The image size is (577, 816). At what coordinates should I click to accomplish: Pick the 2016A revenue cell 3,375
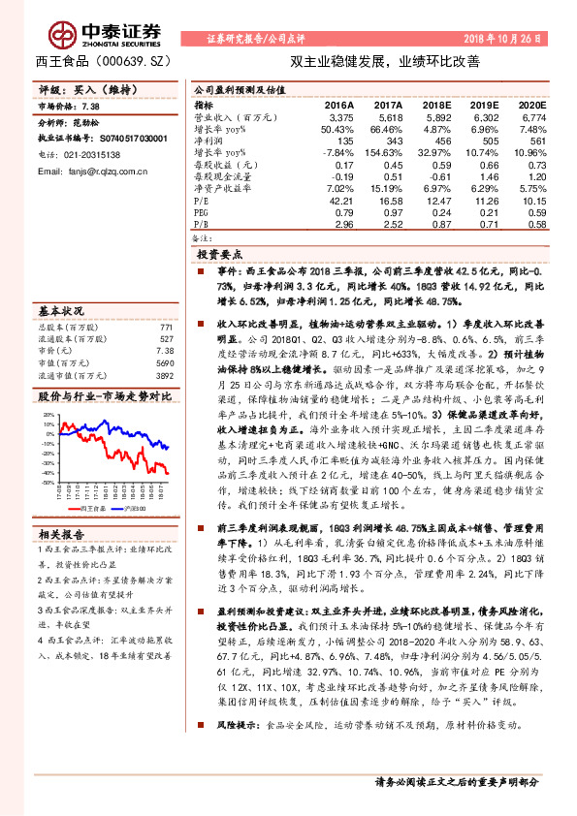click(x=338, y=115)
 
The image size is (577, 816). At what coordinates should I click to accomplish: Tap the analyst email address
click(x=93, y=172)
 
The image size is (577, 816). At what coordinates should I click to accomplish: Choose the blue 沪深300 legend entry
click(x=134, y=507)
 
